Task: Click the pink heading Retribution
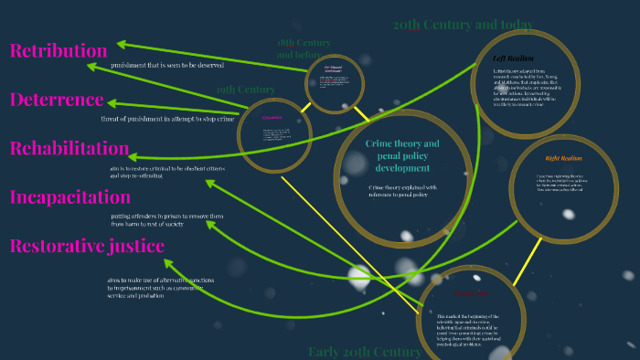click(x=59, y=51)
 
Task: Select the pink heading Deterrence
click(x=57, y=100)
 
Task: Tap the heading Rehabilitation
click(x=69, y=148)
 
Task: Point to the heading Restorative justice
click(x=87, y=246)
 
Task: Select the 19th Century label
click(x=245, y=90)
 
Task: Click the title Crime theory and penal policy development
click(x=402, y=156)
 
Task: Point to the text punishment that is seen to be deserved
click(x=167, y=66)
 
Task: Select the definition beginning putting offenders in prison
click(x=166, y=220)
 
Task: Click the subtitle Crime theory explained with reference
click(x=398, y=191)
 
